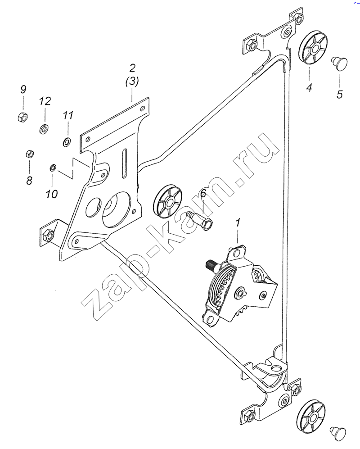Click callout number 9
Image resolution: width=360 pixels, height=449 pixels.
pos(23,89)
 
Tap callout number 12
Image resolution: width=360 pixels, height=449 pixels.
pos(45,101)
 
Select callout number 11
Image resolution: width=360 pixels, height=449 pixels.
pos(68,115)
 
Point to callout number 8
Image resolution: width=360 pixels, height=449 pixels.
pos(29,181)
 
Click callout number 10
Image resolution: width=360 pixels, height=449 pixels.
pos(52,194)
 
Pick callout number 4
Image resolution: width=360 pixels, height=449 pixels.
pos(309,87)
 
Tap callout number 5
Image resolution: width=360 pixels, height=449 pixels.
pos(340,94)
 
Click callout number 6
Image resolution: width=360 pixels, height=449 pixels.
pos(203,193)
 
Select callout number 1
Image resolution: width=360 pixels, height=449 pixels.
pos(238,223)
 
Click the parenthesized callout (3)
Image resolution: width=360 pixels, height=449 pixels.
pos(132,82)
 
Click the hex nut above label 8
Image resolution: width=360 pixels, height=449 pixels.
pos(30,154)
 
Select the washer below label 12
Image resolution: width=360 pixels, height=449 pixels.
pos(44,129)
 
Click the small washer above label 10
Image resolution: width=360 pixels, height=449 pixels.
pos(53,167)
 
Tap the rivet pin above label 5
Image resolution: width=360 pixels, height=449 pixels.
pos(339,61)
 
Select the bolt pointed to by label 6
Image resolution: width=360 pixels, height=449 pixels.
pos(200,220)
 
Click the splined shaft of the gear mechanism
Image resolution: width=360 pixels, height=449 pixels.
pos(212,264)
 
